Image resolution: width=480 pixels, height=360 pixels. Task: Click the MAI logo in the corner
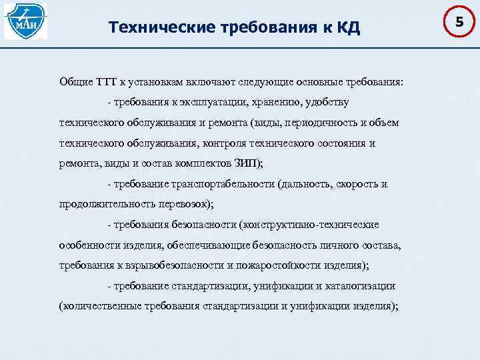click(25, 21)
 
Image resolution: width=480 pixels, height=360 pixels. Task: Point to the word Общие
click(75, 82)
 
